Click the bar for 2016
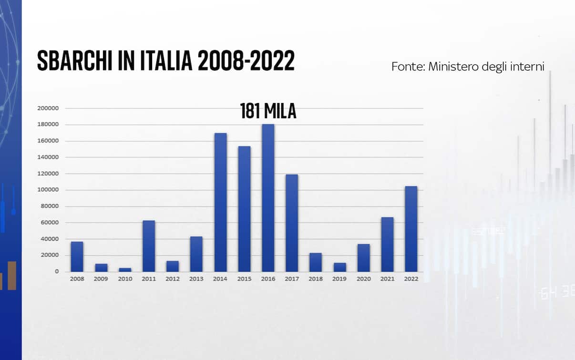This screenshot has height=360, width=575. pos(268,198)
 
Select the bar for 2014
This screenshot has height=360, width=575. pos(220,202)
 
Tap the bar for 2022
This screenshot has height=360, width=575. pos(411,229)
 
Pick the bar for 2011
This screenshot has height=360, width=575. pos(148,246)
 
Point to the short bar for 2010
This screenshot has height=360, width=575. pos(125,270)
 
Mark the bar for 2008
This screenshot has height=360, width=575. pos(77,257)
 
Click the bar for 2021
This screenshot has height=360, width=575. pos(387,245)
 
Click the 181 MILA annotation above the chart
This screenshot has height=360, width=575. pos(268,112)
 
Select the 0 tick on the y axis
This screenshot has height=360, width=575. pos(56,271)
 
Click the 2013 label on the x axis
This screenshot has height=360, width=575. pos(196,279)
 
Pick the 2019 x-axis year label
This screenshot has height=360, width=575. pos(339,279)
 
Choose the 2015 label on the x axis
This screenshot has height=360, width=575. pos(244,279)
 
